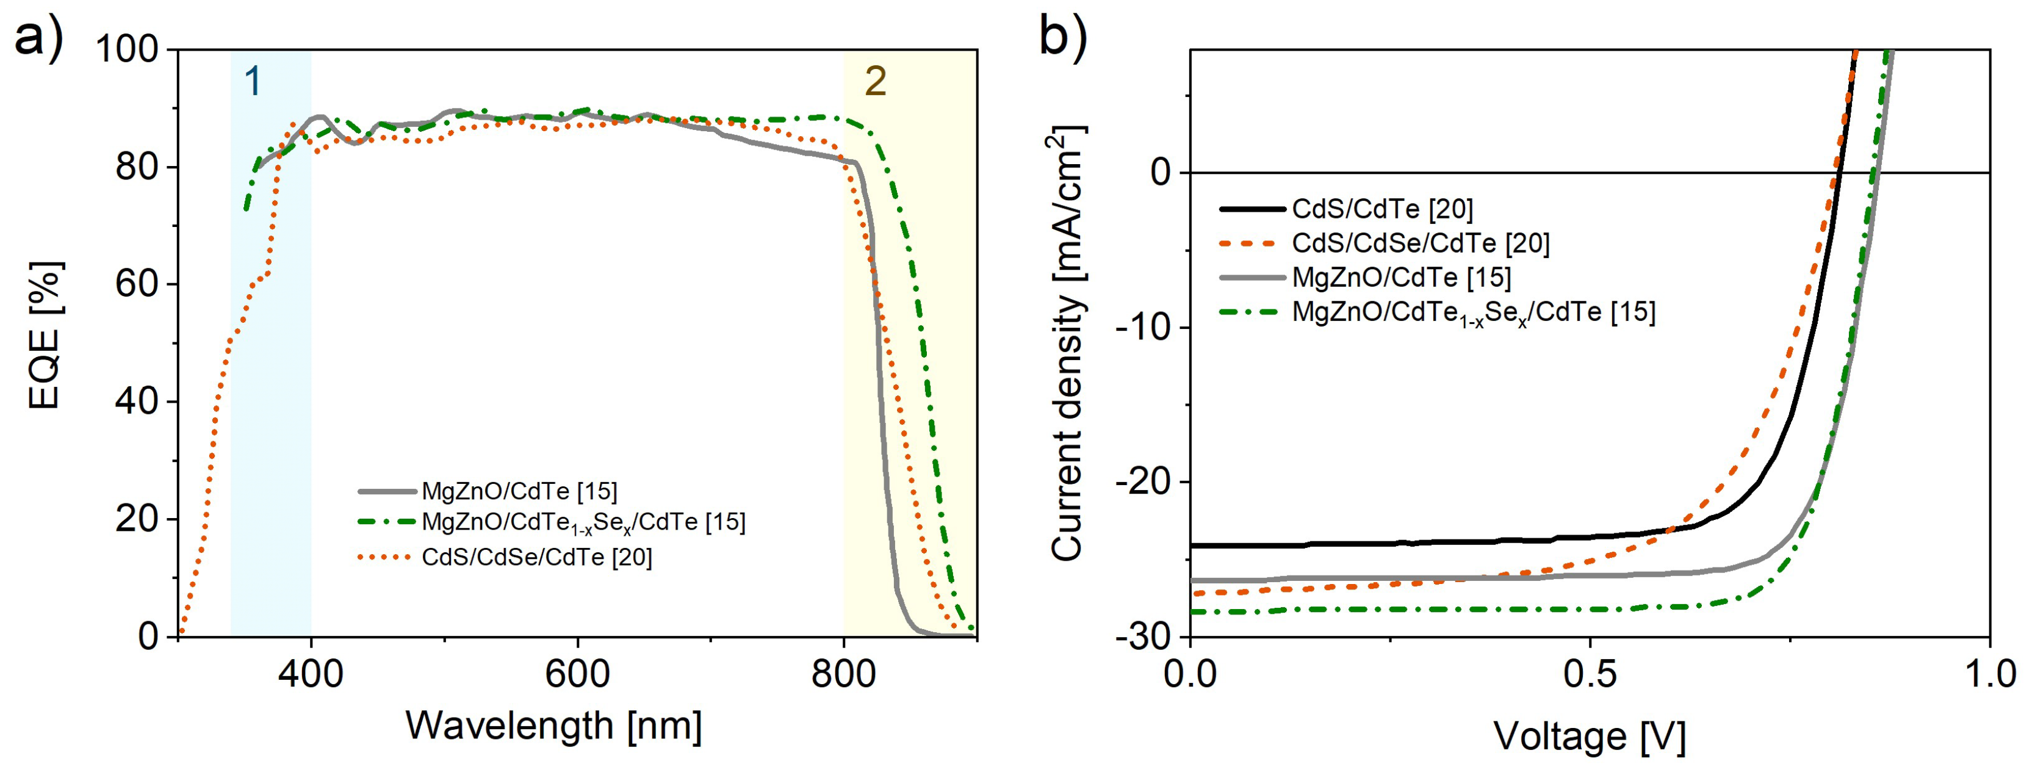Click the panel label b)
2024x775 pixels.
[1062, 36]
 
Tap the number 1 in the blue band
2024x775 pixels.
[252, 81]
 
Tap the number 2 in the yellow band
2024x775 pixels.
[875, 81]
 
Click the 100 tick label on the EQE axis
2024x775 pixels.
[126, 49]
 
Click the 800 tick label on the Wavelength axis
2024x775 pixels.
[844, 674]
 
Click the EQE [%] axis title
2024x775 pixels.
[44, 336]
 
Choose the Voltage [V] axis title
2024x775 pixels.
[1590, 737]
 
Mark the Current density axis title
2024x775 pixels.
[1067, 344]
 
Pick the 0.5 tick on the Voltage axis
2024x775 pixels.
[1590, 674]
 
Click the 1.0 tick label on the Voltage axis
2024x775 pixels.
[1988, 674]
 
